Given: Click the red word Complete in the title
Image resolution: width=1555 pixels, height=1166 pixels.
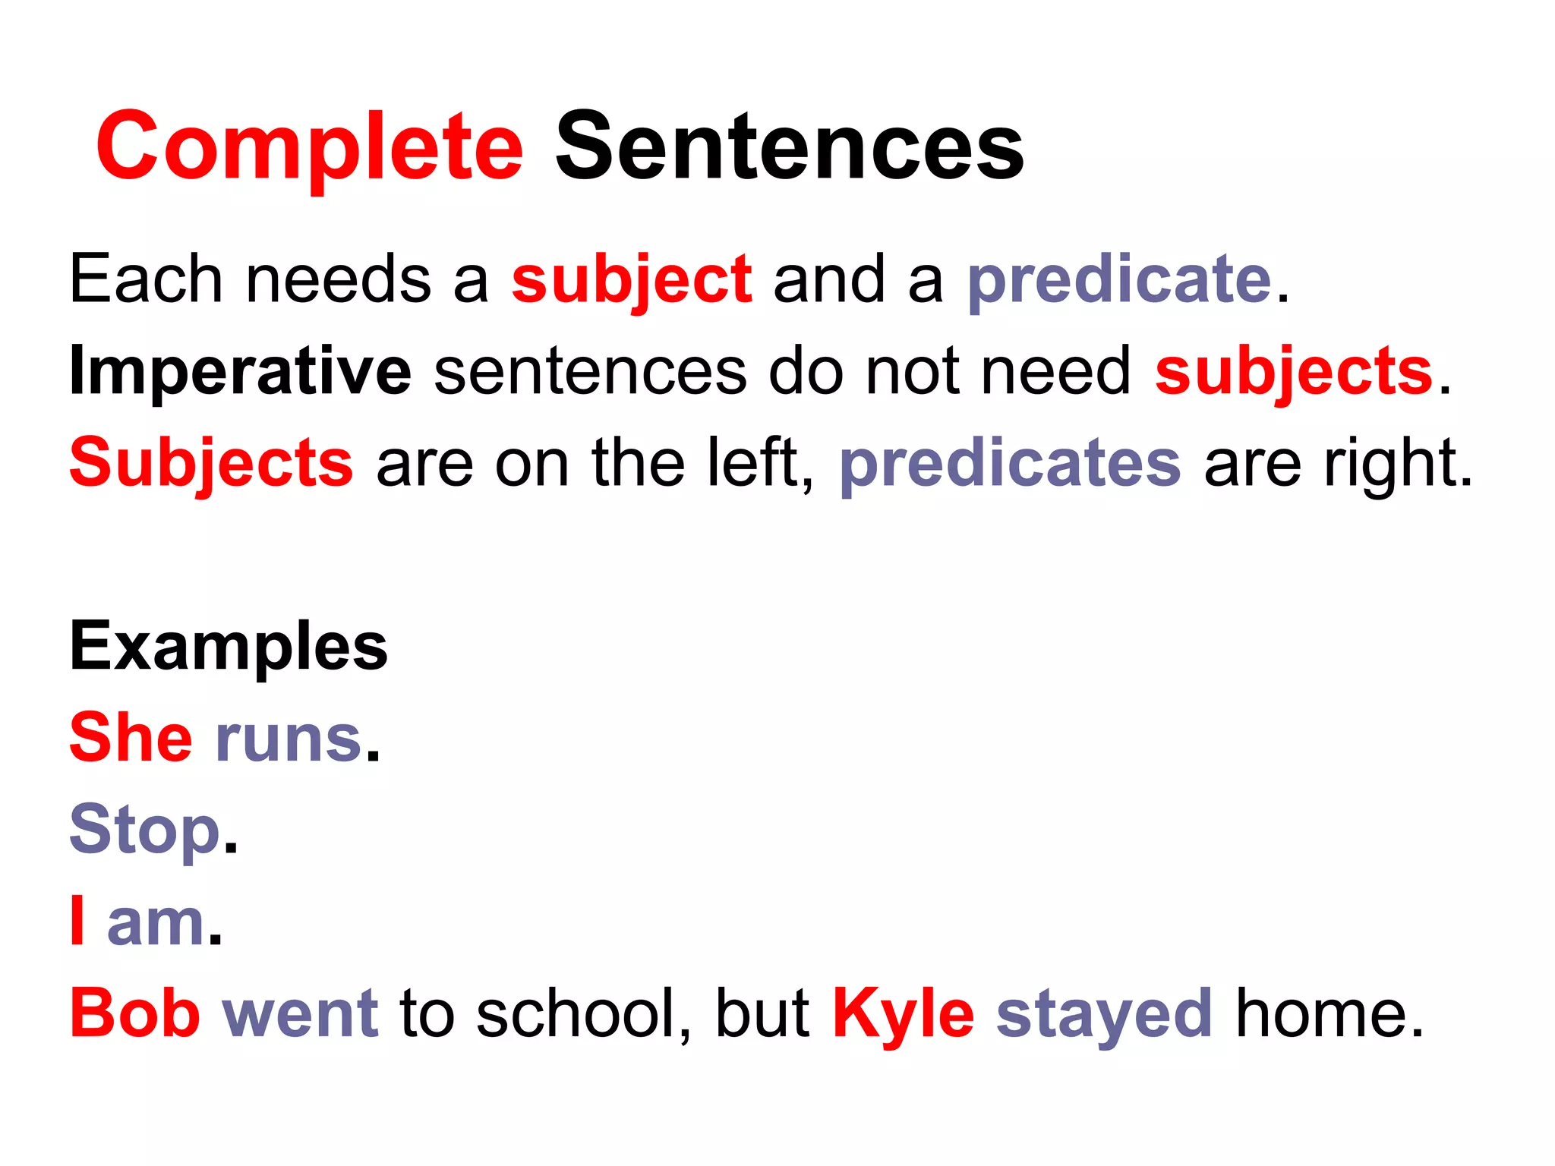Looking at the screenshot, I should pos(309,146).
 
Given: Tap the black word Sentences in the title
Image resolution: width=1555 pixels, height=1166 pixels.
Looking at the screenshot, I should pos(790,146).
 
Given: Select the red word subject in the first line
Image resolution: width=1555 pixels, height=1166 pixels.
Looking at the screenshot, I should pos(632,280).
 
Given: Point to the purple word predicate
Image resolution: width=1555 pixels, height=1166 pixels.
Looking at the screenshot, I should pos(1119,280).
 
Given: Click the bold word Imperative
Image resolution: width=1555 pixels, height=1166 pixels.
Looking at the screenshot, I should pos(240,371).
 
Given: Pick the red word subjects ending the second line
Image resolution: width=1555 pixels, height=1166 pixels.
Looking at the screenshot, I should pos(1294,371).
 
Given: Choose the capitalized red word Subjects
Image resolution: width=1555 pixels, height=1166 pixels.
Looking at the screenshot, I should pos(211,463).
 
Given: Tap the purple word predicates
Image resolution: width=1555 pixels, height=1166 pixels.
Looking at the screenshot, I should pos(1010,463).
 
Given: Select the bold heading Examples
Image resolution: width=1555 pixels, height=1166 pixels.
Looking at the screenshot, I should pos(229,646).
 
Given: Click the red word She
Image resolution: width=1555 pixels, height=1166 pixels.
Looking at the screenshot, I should pos(131,738).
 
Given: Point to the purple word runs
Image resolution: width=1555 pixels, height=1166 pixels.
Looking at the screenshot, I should pos(289,739).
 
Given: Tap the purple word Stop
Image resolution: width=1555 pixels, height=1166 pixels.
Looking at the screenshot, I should pos(145,830).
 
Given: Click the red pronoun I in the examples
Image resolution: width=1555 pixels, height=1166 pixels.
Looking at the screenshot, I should pos(77,922).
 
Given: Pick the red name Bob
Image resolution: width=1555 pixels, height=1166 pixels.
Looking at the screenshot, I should pos(135,1013).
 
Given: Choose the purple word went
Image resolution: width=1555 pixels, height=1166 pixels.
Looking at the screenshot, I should pos(301,1013).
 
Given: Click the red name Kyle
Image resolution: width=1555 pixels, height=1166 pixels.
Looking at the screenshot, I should pos(904,1013).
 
